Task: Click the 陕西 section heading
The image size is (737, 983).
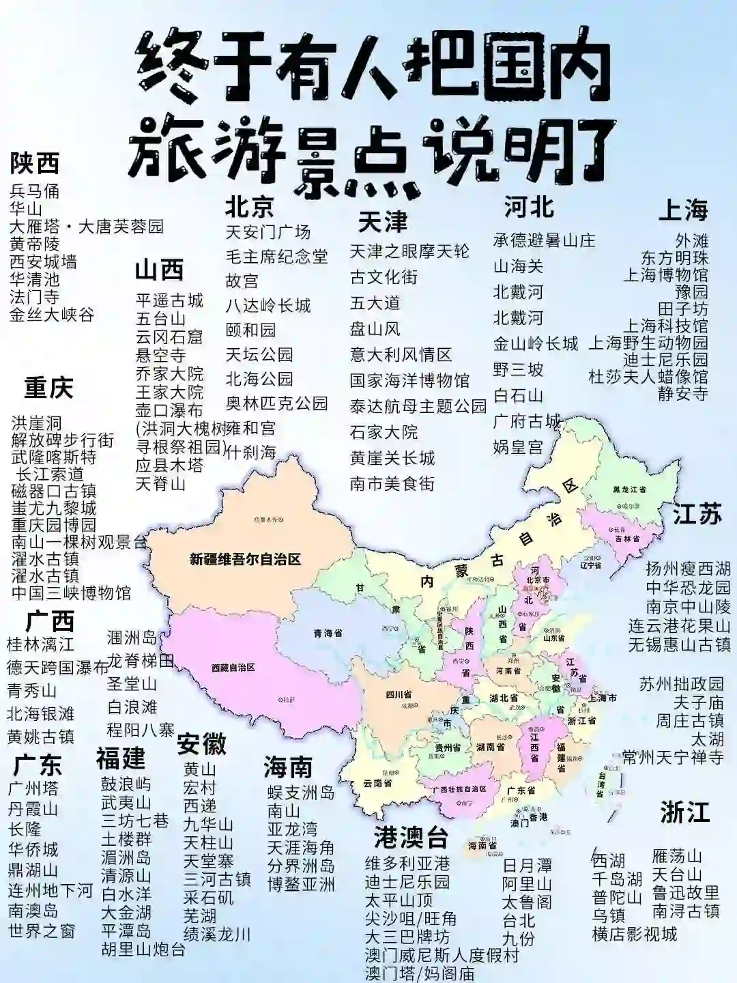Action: [35, 163]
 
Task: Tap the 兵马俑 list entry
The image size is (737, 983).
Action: [35, 191]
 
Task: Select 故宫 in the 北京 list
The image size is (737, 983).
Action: [242, 281]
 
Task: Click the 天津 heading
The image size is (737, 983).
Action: [382, 223]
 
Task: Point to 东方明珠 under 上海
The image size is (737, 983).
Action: [674, 258]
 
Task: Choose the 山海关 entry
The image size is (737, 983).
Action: [518, 266]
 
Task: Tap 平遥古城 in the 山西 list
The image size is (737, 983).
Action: [169, 300]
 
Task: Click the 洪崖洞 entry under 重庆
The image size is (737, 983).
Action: [36, 423]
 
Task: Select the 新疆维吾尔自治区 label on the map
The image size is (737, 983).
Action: [245, 560]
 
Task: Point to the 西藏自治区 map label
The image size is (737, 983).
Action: [233, 667]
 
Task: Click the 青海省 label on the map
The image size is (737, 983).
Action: [328, 633]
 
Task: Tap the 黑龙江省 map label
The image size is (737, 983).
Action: [629, 489]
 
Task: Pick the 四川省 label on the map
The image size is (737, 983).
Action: [399, 694]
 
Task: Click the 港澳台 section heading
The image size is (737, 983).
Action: [411, 837]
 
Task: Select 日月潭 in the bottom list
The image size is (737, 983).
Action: [527, 866]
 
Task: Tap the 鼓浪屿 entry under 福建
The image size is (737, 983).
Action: [126, 784]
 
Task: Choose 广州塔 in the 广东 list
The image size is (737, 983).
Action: [33, 788]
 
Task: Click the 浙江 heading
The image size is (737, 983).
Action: [684, 813]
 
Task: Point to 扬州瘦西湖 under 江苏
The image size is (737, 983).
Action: [688, 569]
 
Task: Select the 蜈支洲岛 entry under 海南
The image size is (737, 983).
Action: [301, 793]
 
